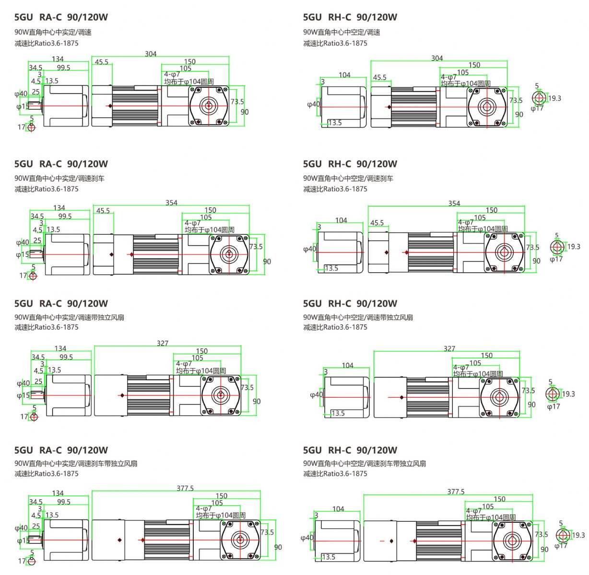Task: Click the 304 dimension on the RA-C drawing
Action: [x=151, y=54]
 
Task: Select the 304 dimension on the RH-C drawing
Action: [x=437, y=58]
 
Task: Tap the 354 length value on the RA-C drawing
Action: [x=171, y=203]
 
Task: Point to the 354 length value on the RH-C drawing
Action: [x=454, y=203]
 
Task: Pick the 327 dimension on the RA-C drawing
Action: [x=163, y=343]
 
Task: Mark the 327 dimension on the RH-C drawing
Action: [x=449, y=348]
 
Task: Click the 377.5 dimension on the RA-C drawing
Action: [x=185, y=488]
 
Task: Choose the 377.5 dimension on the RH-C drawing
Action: [x=456, y=492]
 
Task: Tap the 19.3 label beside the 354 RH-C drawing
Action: [x=574, y=247]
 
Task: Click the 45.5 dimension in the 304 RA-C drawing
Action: [x=101, y=62]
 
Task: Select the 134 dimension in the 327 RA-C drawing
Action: [x=60, y=348]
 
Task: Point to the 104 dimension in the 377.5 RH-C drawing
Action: [x=338, y=509]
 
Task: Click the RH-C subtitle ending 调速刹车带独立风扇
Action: [x=365, y=463]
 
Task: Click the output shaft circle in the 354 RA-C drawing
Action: [x=229, y=253]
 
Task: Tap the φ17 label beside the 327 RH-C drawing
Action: [x=554, y=407]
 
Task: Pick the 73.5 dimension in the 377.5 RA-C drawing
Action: [x=267, y=532]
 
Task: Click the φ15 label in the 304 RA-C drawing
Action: [x=22, y=106]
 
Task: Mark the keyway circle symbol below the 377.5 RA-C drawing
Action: [x=32, y=561]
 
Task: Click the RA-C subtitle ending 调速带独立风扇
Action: [x=69, y=317]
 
